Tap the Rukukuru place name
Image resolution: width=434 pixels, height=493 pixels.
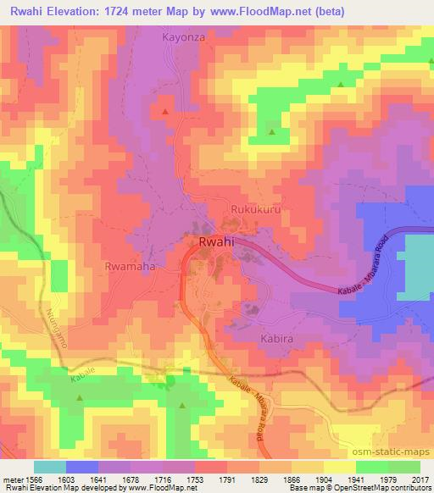click(x=255, y=208)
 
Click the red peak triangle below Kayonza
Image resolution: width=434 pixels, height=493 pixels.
click(x=164, y=111)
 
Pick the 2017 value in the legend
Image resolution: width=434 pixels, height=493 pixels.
click(x=420, y=479)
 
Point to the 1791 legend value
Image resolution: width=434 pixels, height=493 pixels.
click(x=227, y=479)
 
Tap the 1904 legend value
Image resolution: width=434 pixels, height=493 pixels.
click(x=324, y=479)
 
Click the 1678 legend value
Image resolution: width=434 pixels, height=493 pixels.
click(x=131, y=479)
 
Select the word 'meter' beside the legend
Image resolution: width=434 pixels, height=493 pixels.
click(x=11, y=479)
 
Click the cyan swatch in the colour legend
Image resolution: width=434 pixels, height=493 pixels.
click(x=49, y=467)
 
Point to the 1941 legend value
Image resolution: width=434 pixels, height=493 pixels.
click(x=356, y=479)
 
